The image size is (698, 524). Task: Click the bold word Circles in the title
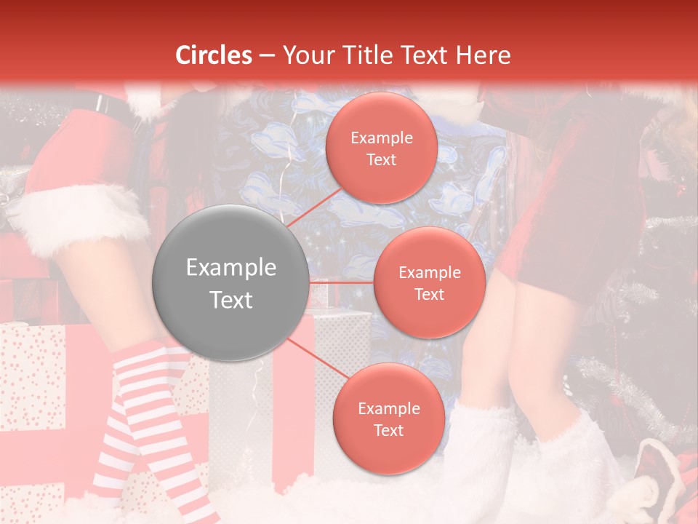[x=214, y=55]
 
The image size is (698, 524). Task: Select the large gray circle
[x=231, y=283]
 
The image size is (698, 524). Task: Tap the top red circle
[x=381, y=148]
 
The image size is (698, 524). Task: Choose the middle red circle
[x=429, y=282]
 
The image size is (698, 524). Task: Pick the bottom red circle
[x=388, y=418]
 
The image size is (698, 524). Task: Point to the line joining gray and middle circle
[x=340, y=281]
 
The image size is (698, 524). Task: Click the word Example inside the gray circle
[x=231, y=268]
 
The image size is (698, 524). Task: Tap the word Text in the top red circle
[x=381, y=159]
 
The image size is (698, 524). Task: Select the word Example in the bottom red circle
[x=388, y=408]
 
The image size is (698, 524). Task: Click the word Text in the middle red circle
[x=429, y=294]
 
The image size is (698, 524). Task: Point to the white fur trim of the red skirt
[x=80, y=211]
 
